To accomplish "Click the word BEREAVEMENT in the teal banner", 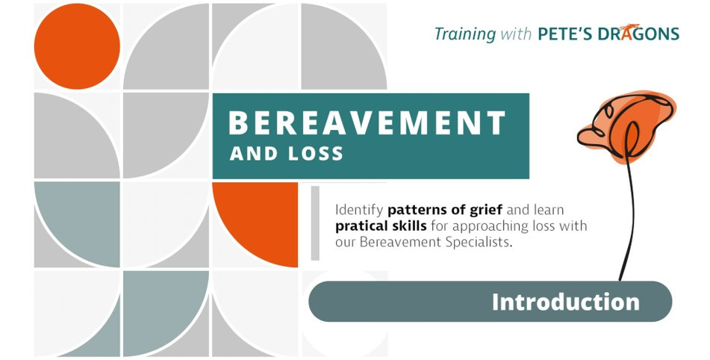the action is [367, 123].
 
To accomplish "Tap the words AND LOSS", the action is [286, 154].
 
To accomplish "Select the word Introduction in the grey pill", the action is [566, 302].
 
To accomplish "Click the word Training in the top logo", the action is [465, 34].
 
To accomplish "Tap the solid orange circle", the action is [77, 46].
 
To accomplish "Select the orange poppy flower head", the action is [627, 128].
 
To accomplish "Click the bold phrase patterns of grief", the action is [445, 210].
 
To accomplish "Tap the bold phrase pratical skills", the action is [381, 226].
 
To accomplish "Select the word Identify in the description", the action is [360, 211].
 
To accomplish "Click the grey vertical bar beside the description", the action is [315, 223].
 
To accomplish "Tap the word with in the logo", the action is [516, 34].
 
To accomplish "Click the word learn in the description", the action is [549, 210].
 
